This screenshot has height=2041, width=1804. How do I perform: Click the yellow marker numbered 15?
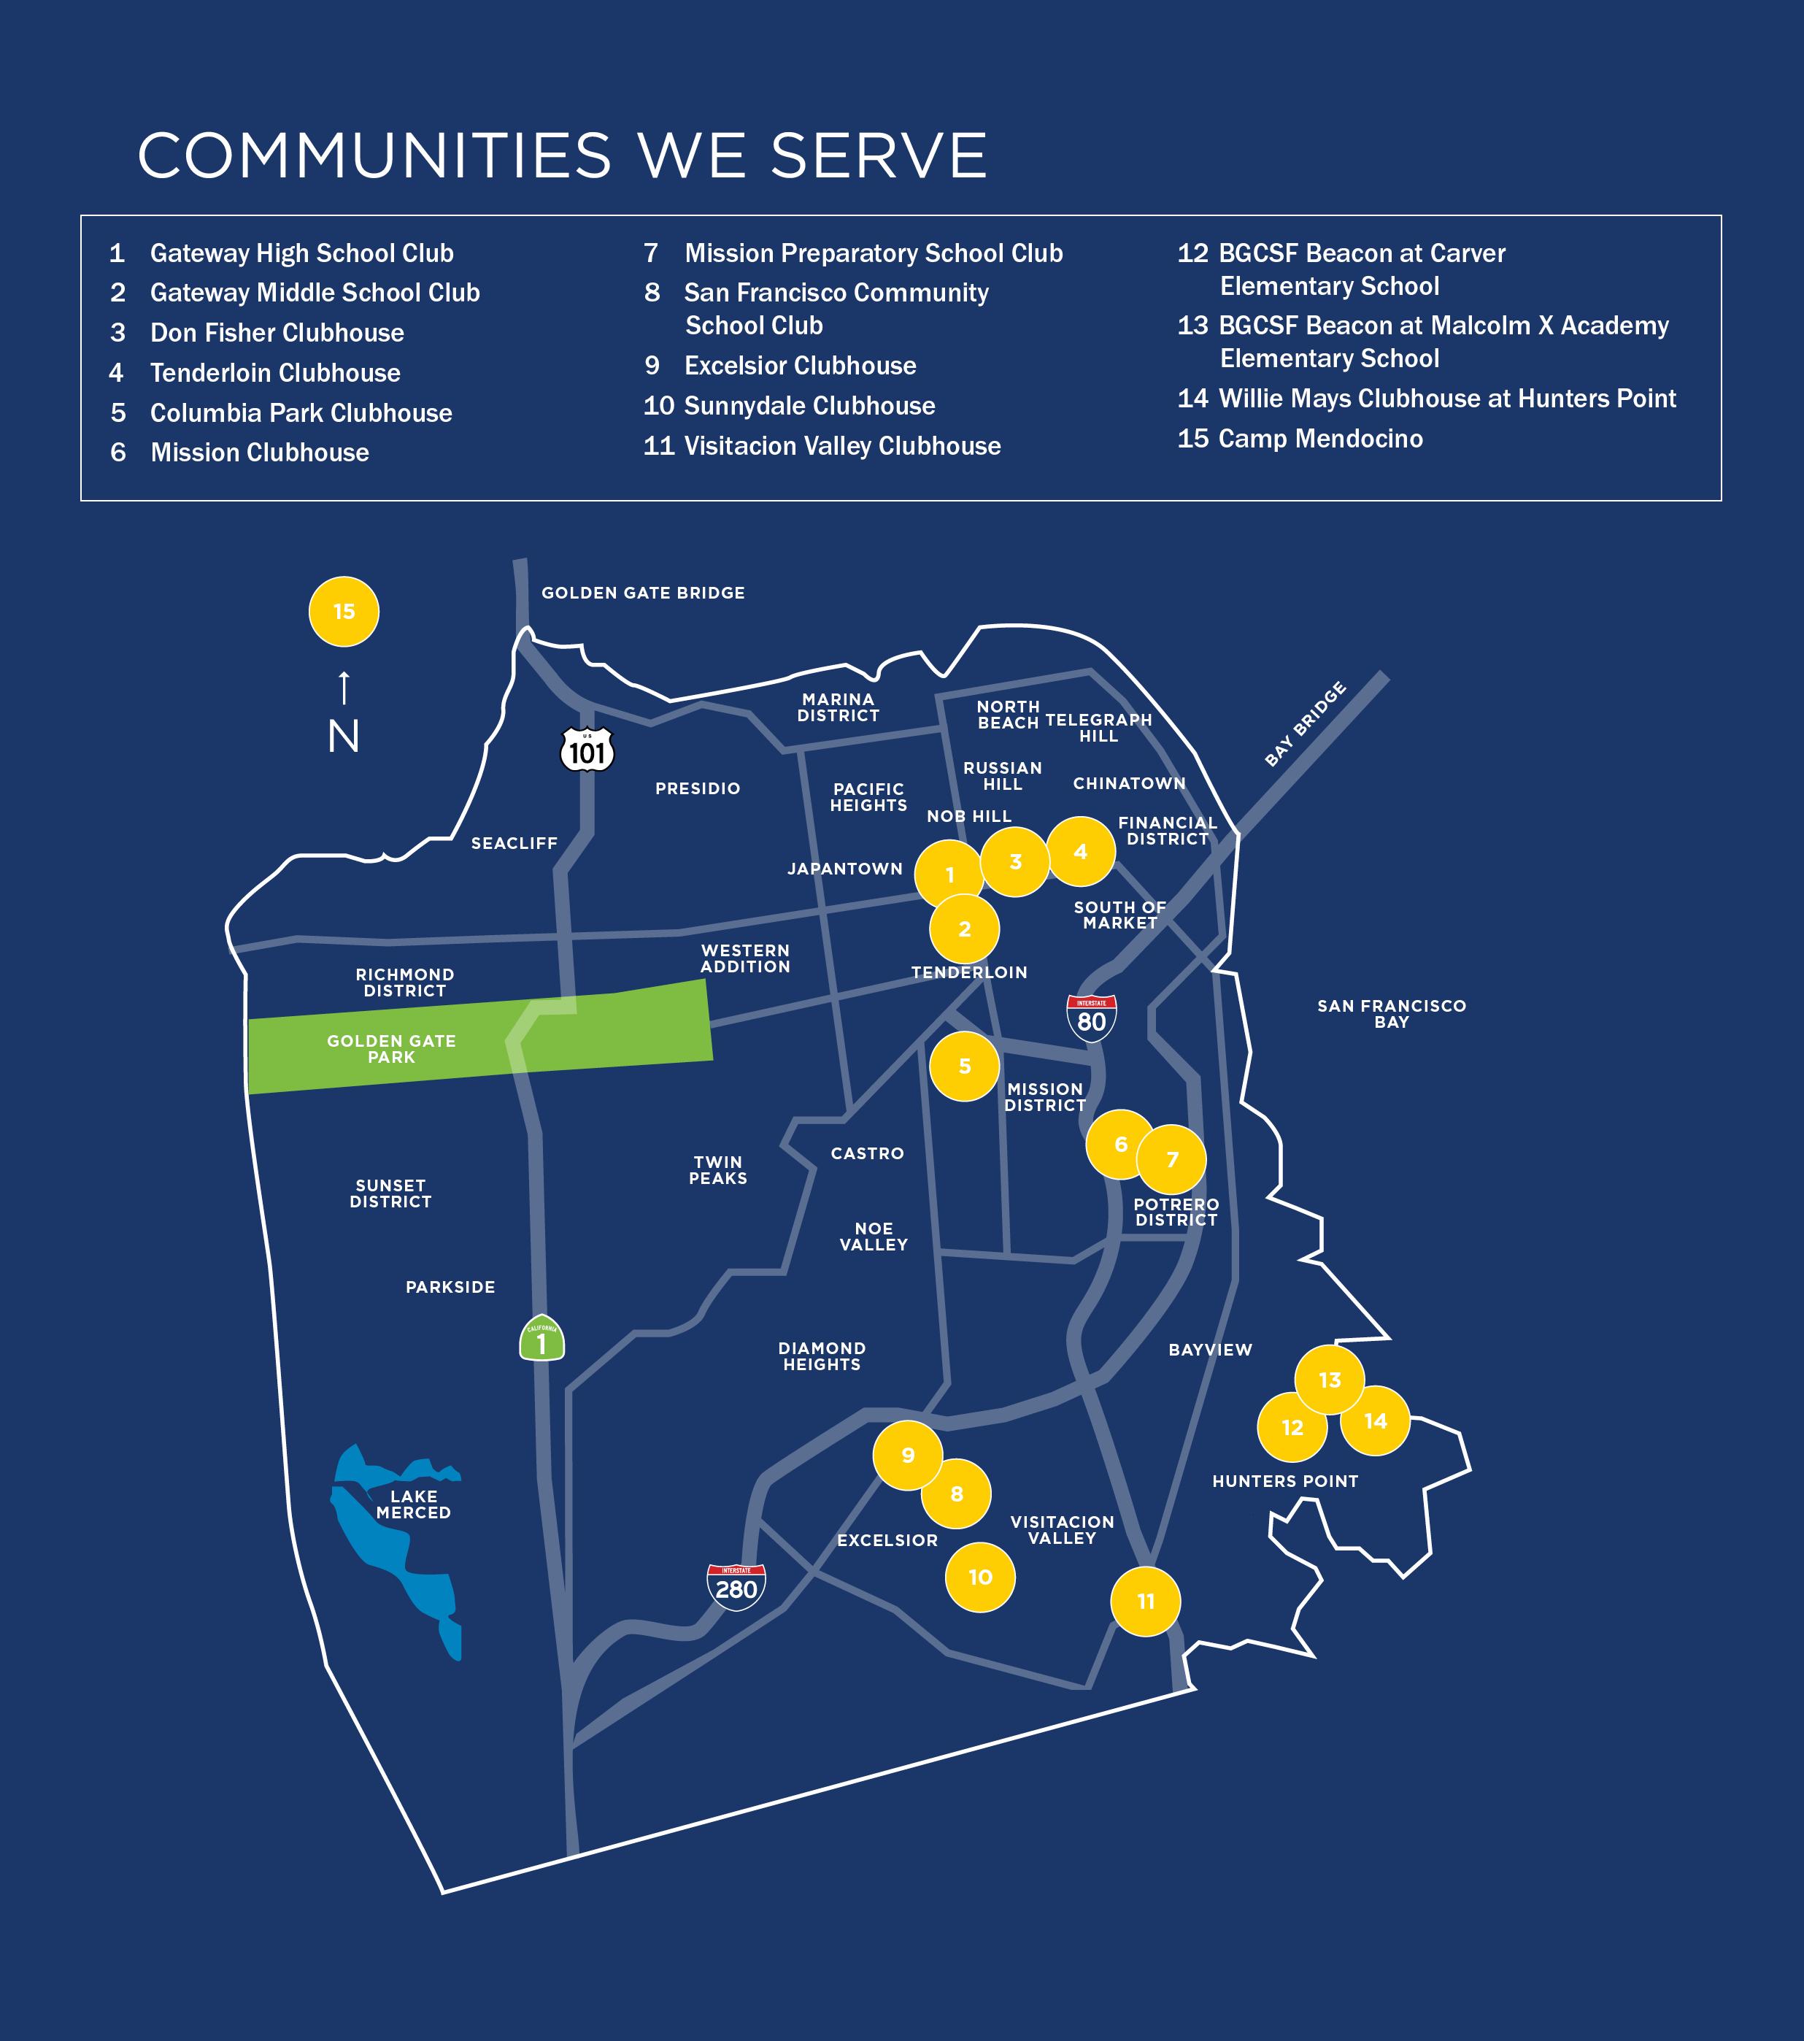[x=344, y=611]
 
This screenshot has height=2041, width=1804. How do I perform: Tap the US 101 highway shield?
[x=587, y=750]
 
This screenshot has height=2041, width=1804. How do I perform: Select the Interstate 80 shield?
[x=1091, y=1018]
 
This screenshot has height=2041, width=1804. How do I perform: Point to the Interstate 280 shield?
[x=736, y=1585]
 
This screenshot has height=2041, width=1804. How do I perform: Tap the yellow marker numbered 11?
[x=1145, y=1602]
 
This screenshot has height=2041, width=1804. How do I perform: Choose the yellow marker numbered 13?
[x=1329, y=1380]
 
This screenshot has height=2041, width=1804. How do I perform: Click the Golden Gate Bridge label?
[x=643, y=593]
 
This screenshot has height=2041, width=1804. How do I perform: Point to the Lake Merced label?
[x=413, y=1504]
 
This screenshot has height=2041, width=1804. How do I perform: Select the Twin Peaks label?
[x=718, y=1169]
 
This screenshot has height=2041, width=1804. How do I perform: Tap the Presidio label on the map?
[x=697, y=789]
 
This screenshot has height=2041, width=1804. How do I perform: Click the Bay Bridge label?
[x=1305, y=724]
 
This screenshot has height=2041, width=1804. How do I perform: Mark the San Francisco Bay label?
[x=1391, y=1013]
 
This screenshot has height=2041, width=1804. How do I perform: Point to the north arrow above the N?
[x=344, y=687]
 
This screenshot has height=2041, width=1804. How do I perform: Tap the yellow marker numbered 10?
[x=979, y=1577]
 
